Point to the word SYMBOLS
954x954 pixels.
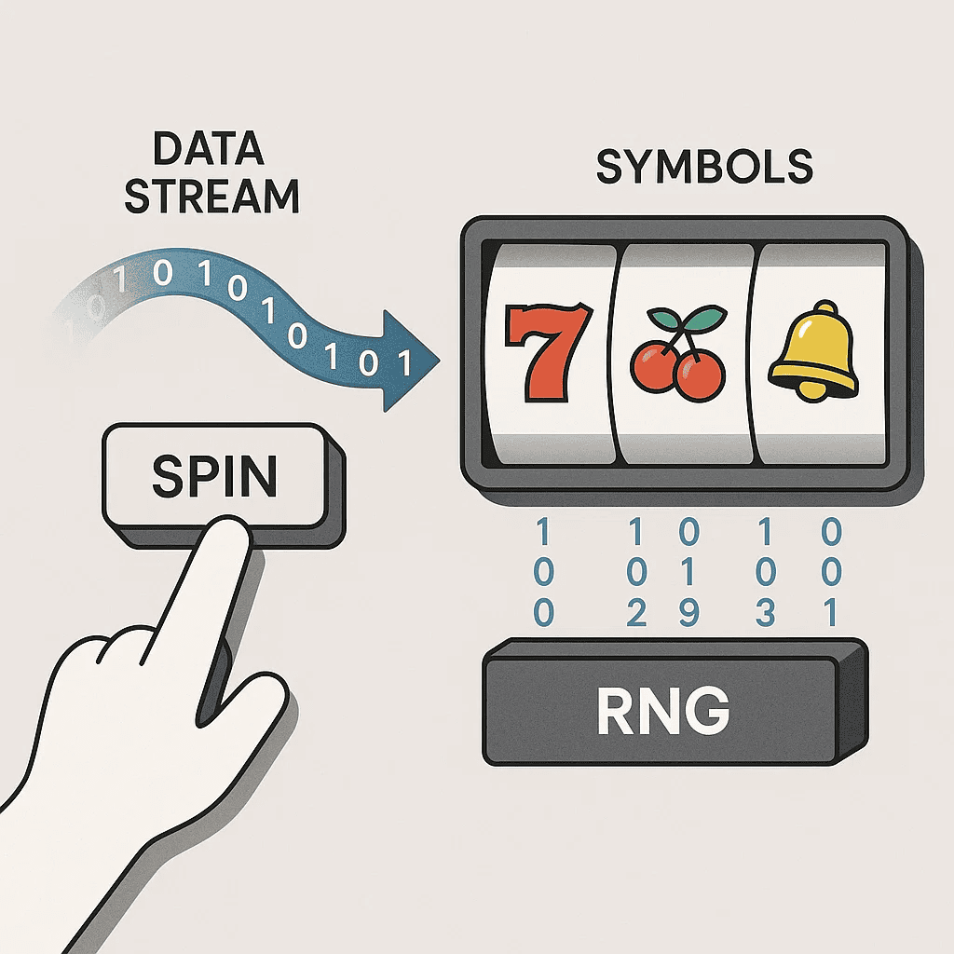[703, 168]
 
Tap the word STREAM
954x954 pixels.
[211, 197]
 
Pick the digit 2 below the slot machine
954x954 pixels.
[637, 613]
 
